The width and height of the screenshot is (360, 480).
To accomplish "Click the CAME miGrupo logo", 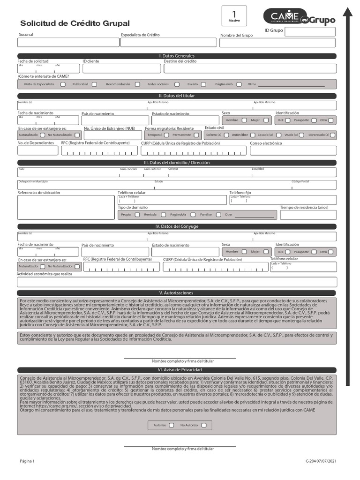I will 302,17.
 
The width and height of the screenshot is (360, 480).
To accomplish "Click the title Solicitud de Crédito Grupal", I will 75,23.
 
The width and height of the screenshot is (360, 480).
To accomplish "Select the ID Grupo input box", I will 310,32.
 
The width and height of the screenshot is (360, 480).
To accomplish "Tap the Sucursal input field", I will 68,43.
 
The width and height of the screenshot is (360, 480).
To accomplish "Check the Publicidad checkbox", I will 94,84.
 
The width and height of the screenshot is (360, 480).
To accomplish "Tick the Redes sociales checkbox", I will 177,84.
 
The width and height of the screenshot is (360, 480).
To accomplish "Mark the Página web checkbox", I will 239,84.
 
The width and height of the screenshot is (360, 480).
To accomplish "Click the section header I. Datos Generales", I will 177,56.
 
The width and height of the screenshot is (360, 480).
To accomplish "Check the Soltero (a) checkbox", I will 226,135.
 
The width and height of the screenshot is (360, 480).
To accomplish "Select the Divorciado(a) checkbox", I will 332,135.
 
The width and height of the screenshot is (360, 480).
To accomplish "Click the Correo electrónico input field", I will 293,150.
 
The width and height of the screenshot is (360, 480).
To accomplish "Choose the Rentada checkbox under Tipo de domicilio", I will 163,215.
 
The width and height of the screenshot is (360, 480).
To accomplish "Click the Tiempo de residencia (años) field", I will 308,215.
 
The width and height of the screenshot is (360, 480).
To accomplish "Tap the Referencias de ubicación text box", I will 66,208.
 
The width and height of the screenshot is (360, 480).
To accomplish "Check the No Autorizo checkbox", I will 204,425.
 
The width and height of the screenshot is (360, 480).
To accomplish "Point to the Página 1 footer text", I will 27,462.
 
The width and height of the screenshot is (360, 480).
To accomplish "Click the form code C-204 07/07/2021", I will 321,462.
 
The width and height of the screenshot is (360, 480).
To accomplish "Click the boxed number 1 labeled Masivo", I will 234,16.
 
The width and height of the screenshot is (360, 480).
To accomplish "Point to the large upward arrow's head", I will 347,12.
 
